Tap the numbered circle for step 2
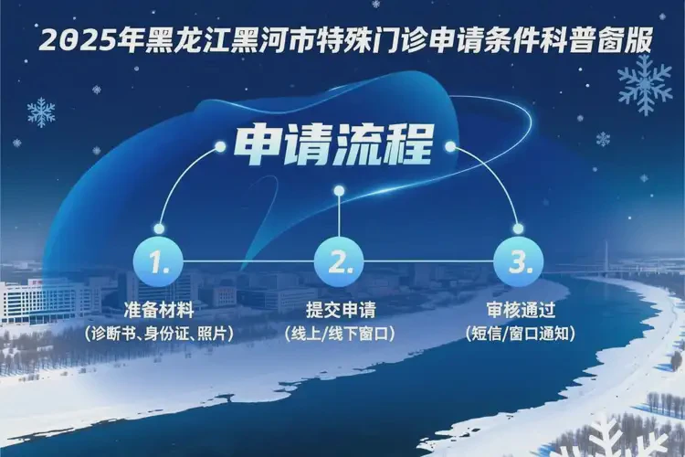tap(339, 262)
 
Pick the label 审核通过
tap(519, 309)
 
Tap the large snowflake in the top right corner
tap(645, 84)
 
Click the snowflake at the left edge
tap(41, 112)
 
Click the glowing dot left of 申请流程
tap(218, 144)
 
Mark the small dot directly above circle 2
tap(339, 191)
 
